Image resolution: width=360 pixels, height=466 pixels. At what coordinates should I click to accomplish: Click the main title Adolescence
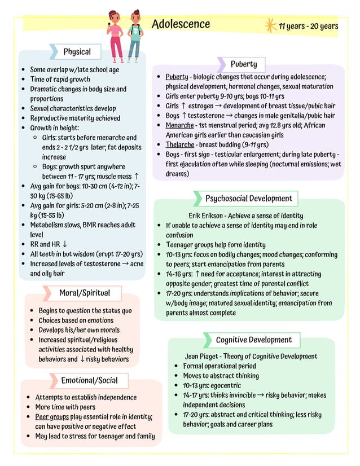tap(181, 24)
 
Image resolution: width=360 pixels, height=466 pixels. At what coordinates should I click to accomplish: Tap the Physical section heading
tap(77, 52)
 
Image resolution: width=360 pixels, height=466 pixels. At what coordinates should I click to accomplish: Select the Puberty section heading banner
tap(243, 64)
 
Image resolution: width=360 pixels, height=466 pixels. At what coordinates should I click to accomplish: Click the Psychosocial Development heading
tap(248, 199)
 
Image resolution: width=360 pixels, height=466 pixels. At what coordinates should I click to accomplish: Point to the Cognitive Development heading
tap(254, 340)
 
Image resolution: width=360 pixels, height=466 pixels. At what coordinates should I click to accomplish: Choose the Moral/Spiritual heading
tap(85, 293)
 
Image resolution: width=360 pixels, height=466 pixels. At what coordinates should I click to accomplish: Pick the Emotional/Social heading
tap(89, 380)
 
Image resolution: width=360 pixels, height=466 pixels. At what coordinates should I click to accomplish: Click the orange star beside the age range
tap(270, 25)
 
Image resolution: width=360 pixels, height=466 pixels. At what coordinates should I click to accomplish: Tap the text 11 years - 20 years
tap(309, 26)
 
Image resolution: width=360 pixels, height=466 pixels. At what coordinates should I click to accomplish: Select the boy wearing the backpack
tap(134, 35)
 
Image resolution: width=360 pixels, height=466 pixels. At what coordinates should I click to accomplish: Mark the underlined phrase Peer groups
tap(52, 417)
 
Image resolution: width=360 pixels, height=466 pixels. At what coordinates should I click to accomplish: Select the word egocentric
tap(229, 385)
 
